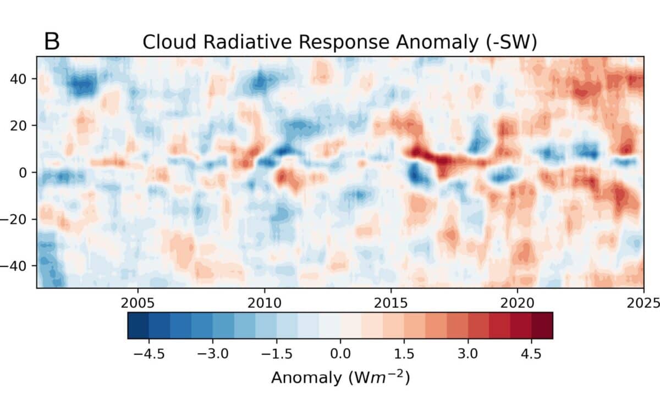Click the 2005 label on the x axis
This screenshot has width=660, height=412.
[137, 302]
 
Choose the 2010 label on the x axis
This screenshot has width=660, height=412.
[264, 302]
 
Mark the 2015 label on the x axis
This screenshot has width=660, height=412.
[391, 302]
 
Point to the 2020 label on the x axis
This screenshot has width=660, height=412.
[517, 302]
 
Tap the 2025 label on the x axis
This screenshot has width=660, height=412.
[643, 302]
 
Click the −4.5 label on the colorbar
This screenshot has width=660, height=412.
[149, 353]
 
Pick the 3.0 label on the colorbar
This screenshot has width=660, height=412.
[468, 353]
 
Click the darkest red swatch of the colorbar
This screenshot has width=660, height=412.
[542, 325]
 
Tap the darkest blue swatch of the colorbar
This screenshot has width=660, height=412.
[138, 325]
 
